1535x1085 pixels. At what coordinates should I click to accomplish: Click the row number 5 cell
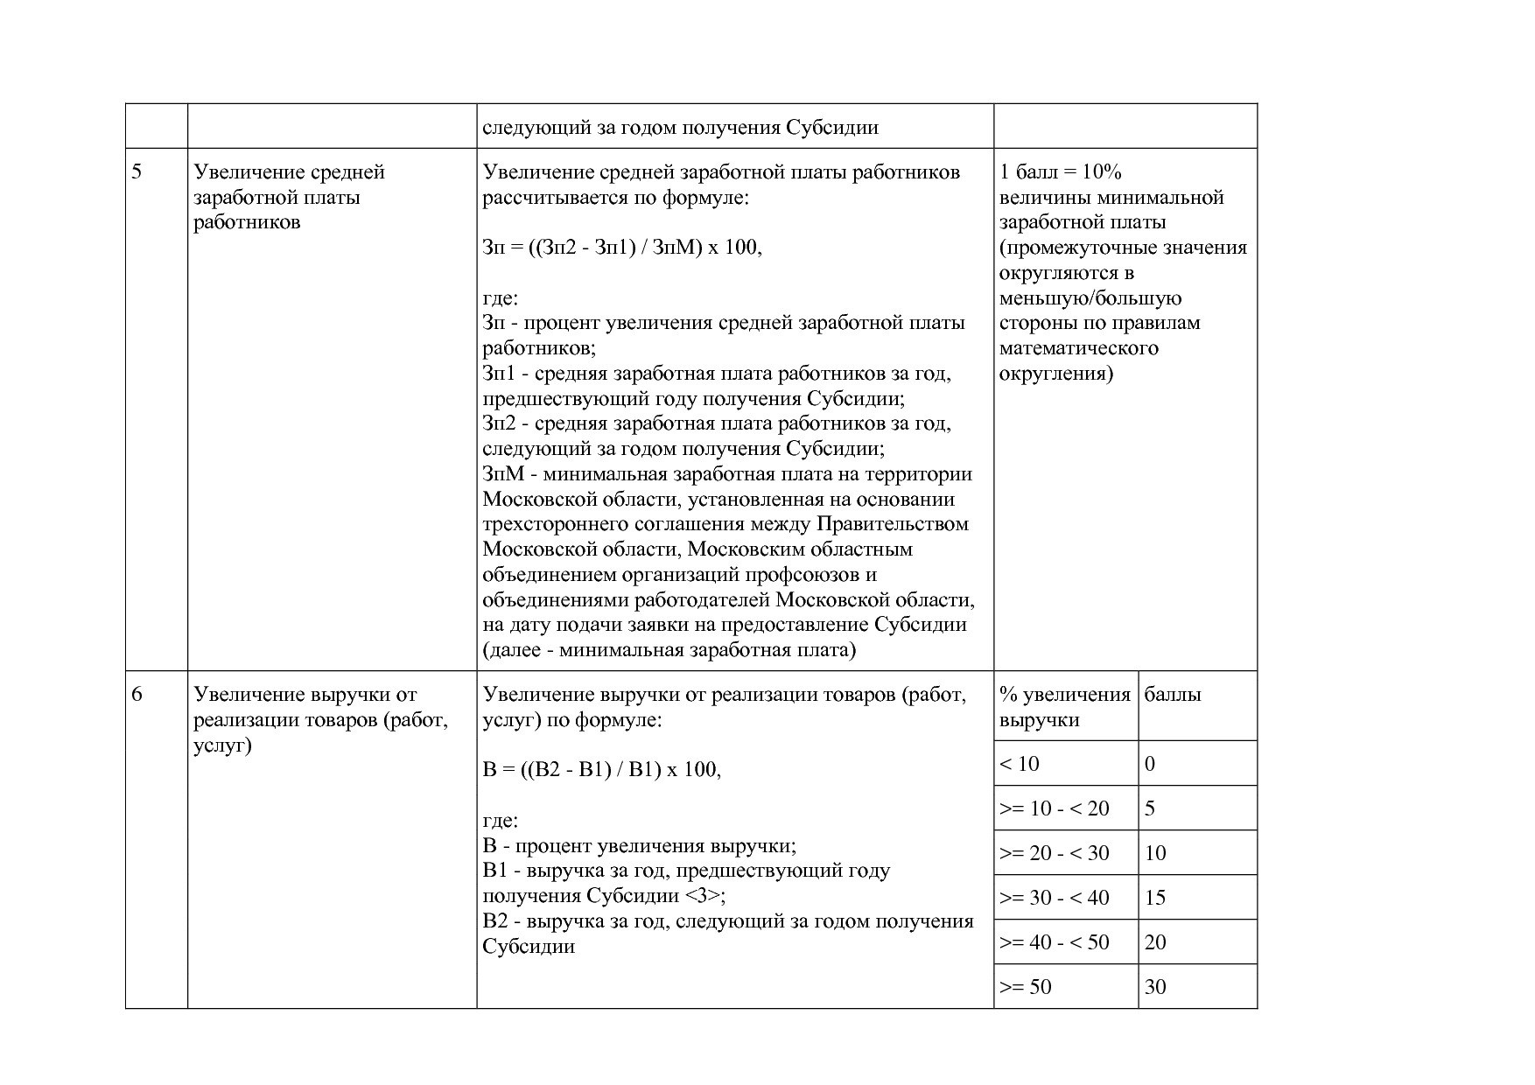(137, 171)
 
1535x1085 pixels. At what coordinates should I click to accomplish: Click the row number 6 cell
(137, 695)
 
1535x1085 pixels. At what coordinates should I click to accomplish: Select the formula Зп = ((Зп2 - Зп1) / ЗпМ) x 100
(622, 248)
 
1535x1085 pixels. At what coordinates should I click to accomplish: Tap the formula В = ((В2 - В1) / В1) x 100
(602, 770)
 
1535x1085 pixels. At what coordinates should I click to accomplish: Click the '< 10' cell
(1020, 764)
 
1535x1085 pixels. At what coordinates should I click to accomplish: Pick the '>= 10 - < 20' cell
(1055, 808)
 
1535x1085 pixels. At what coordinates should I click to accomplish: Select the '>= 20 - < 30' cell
(1055, 853)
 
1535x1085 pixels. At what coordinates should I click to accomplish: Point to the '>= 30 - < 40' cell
(1055, 898)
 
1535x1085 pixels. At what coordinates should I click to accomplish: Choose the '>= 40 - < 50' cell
(1055, 942)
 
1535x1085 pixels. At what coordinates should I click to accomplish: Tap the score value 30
(1155, 987)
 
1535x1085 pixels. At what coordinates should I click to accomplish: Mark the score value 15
(1155, 898)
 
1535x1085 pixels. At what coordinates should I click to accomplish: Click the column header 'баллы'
(1173, 695)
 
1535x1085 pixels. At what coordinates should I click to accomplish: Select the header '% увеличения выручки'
(1064, 707)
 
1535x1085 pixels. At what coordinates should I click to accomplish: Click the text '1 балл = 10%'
(1061, 171)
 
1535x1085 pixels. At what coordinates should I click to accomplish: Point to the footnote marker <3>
(704, 896)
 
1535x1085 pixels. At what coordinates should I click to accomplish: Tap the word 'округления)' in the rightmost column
(1056, 374)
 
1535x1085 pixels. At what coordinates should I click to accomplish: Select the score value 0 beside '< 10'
(1150, 764)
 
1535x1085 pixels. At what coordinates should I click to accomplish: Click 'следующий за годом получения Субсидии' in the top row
(680, 128)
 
